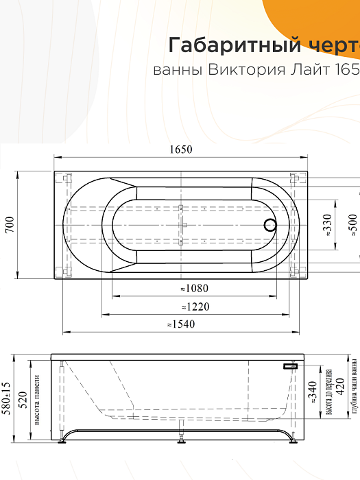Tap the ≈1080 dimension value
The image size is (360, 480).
[195, 289]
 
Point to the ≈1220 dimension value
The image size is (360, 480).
[195, 307]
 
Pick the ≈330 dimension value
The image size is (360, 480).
[327, 225]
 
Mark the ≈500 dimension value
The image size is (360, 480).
[352, 225]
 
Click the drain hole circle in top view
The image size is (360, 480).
[270, 224]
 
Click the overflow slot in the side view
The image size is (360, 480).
[291, 367]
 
